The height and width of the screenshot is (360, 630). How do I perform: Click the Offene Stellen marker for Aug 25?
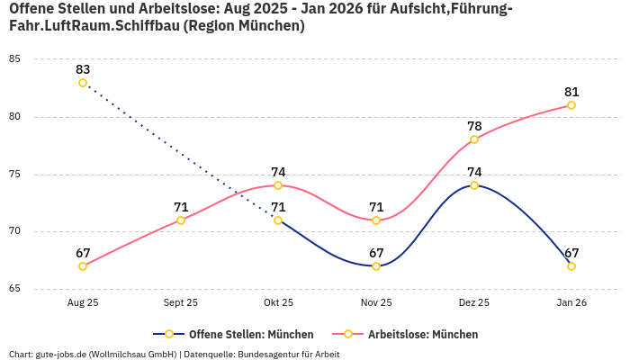[83, 83]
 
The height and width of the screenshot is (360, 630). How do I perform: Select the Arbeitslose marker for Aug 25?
[83, 266]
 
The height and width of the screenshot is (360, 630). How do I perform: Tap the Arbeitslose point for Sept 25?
[181, 220]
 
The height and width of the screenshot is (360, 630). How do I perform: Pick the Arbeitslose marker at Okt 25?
[278, 185]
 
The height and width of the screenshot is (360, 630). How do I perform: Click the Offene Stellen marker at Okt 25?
[278, 220]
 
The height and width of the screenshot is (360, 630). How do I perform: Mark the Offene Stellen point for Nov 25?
[376, 266]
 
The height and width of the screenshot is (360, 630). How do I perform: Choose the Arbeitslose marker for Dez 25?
[474, 139]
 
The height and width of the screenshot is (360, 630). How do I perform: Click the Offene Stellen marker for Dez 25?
[474, 185]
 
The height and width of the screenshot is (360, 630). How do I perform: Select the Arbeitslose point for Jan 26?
[571, 105]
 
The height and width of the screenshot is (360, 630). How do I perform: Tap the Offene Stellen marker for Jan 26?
[571, 266]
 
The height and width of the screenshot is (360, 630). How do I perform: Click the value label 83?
[83, 69]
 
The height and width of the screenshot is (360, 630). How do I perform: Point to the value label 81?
[571, 92]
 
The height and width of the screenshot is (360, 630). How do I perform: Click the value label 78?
[474, 126]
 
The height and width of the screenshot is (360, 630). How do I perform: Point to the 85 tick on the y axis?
[15, 59]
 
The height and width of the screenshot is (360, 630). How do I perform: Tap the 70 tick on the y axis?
[15, 231]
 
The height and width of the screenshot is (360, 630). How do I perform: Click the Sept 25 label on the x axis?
[181, 303]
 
